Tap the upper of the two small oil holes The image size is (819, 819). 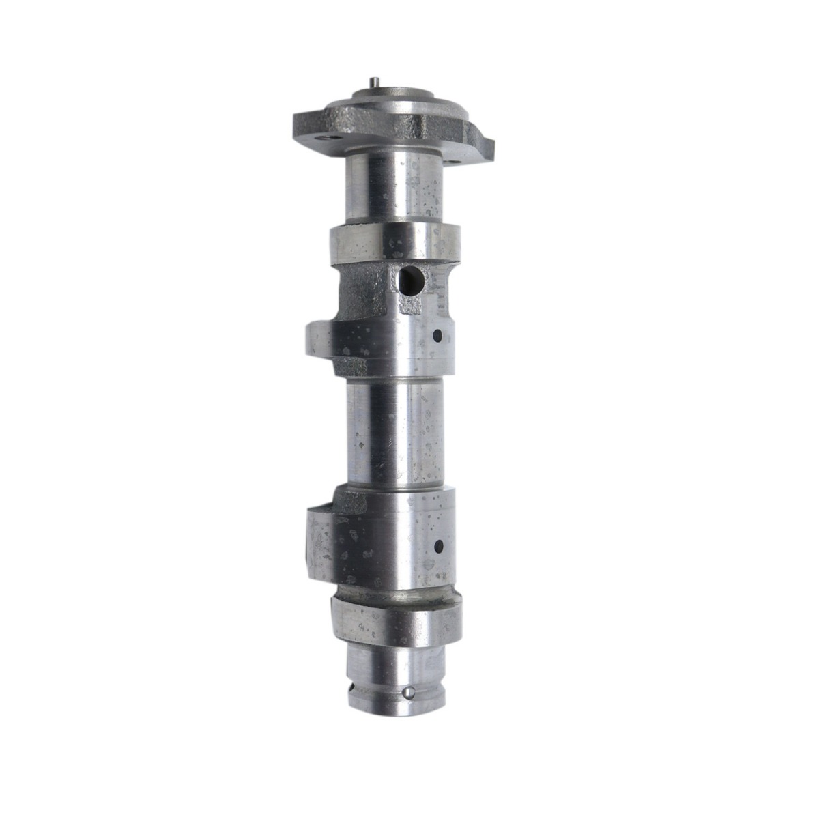(x=438, y=335)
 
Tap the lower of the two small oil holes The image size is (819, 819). (x=438, y=545)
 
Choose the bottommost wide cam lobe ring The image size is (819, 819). (x=396, y=622)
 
